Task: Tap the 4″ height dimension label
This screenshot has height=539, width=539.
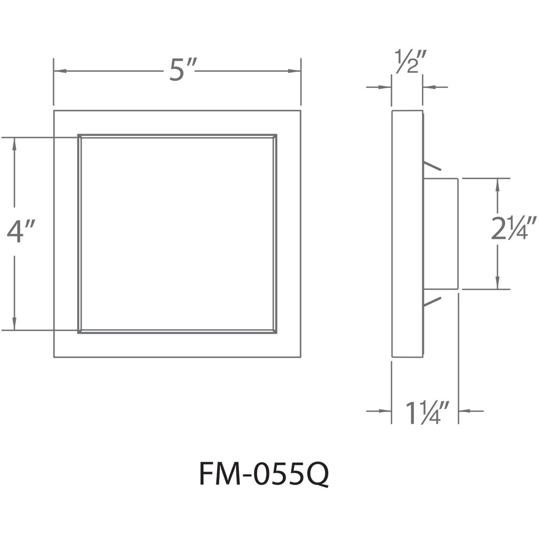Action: (x=21, y=232)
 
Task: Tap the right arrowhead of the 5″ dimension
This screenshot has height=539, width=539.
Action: (x=295, y=72)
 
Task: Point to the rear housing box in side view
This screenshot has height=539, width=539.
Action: (x=441, y=233)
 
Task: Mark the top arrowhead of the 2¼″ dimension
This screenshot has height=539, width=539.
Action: (x=498, y=184)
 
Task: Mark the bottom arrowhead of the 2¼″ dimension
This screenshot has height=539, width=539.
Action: (x=498, y=283)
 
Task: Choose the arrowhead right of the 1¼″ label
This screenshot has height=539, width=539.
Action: (x=464, y=410)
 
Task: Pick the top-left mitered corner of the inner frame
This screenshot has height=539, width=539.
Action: (x=80, y=136)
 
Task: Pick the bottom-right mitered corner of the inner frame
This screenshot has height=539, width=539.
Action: (x=275, y=330)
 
